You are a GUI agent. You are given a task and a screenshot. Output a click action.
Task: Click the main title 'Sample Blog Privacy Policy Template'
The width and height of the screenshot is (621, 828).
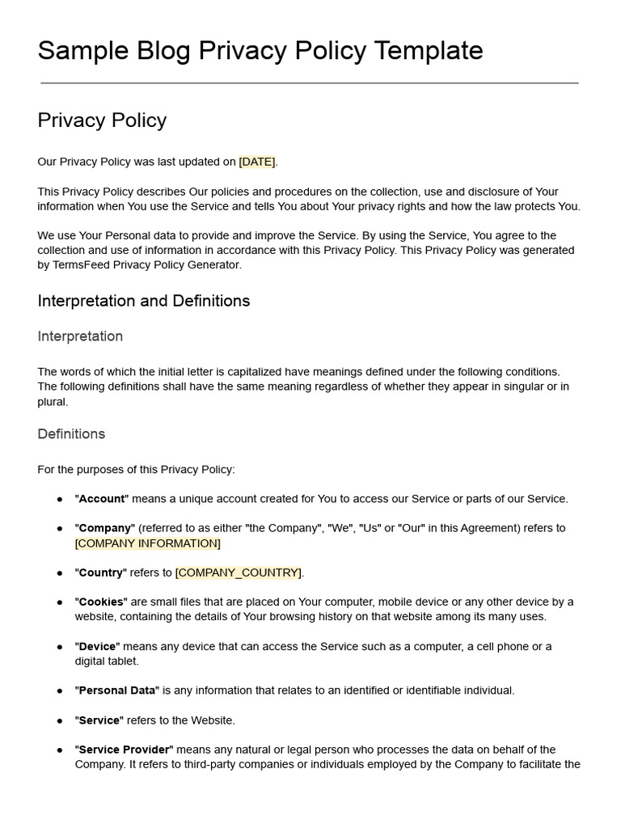260,50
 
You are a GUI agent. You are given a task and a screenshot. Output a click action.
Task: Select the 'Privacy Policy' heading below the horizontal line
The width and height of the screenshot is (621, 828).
102,120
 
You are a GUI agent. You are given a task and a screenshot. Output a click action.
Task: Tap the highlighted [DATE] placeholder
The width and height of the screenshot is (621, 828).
257,162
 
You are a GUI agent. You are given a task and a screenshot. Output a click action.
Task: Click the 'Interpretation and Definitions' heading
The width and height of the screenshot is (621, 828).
143,301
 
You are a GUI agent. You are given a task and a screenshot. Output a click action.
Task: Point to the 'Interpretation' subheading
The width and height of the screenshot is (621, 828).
80,336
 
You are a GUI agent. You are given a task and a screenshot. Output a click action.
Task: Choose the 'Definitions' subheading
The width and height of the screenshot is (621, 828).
71,434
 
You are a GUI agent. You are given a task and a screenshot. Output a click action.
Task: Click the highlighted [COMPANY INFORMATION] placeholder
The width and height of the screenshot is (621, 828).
147,543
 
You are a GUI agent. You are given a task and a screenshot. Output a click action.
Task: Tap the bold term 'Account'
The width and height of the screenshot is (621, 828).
101,499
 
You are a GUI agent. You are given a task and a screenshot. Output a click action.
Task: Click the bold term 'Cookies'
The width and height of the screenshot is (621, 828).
101,602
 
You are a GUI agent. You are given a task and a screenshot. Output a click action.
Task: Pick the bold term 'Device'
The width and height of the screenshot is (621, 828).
97,647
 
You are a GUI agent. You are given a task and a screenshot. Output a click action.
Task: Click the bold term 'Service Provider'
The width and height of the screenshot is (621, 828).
124,750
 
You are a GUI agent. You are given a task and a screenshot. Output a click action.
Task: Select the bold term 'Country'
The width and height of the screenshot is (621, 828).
100,572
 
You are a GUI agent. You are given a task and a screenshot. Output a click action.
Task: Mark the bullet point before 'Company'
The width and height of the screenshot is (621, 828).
60,529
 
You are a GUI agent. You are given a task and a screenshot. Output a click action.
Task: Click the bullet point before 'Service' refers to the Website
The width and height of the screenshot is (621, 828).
60,720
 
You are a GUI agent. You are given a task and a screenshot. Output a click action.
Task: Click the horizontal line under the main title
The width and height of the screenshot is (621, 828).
310,82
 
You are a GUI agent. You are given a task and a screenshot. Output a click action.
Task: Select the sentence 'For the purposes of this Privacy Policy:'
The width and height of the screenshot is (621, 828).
136,470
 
